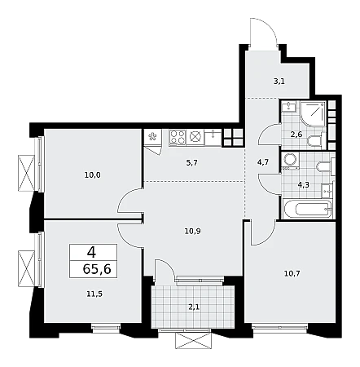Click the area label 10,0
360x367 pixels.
pyautogui.click(x=93, y=175)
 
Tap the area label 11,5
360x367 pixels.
pyautogui.click(x=94, y=294)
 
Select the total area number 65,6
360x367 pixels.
pyautogui.click(x=97, y=269)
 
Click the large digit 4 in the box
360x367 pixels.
pyautogui.click(x=91, y=253)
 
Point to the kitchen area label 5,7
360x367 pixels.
pyautogui.click(x=192, y=163)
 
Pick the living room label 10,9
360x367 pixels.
pyautogui.click(x=193, y=232)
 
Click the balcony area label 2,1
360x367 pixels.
pyautogui.click(x=195, y=307)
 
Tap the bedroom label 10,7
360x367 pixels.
pyautogui.click(x=292, y=273)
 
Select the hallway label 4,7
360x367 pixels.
pyautogui.click(x=263, y=162)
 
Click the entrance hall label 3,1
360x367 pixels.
pyautogui.click(x=279, y=82)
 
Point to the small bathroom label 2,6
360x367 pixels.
pyautogui.click(x=296, y=135)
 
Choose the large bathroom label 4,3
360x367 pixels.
pyautogui.click(x=304, y=185)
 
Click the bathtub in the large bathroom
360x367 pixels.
pyautogui.click(x=307, y=210)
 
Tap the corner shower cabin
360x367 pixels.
pyautogui.click(x=314, y=113)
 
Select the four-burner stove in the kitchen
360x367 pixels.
pyautogui.click(x=178, y=137)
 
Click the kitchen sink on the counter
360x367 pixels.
pyautogui.click(x=213, y=138)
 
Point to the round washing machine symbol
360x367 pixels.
pyautogui.click(x=290, y=161)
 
